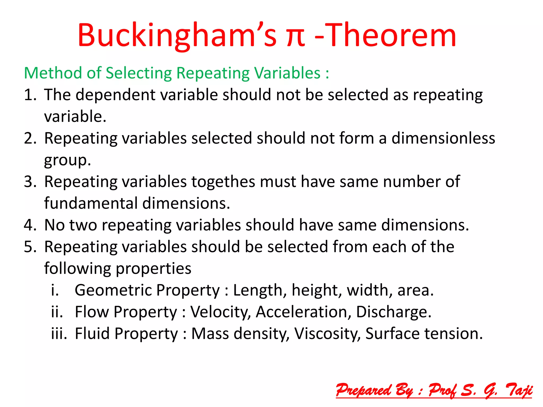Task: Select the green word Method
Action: [53, 73]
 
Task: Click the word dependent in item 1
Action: [116, 95]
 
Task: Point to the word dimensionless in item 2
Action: [443, 138]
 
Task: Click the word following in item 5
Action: [77, 269]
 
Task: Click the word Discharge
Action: [393, 312]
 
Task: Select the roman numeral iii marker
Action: [59, 334]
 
